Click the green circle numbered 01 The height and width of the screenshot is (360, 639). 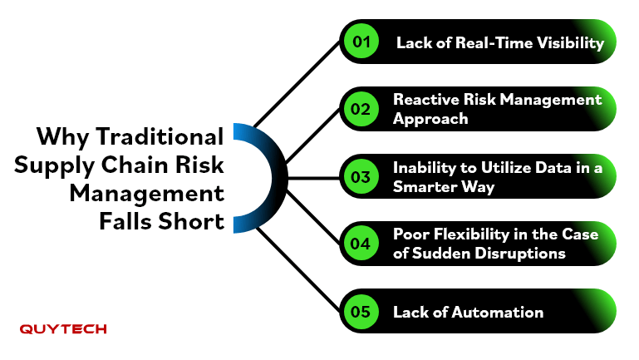coord(361,42)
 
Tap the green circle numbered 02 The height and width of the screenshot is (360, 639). coord(361,109)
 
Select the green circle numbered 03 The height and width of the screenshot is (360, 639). coord(361,176)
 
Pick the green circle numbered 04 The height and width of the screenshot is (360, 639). coord(361,244)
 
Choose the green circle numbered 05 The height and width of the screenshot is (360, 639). coord(361,312)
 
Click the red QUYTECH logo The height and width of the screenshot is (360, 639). coord(63,329)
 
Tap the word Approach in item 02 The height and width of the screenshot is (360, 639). coord(430,119)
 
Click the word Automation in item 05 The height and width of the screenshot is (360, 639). coord(498,313)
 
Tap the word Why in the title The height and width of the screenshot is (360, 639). coord(63,137)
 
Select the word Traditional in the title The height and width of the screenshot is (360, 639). coord(160,136)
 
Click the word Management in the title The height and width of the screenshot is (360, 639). coord(147,194)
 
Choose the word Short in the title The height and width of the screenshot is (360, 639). coord(191,221)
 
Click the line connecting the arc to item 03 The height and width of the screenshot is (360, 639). coord(314,178)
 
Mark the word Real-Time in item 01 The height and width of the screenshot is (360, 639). coord(493,42)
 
